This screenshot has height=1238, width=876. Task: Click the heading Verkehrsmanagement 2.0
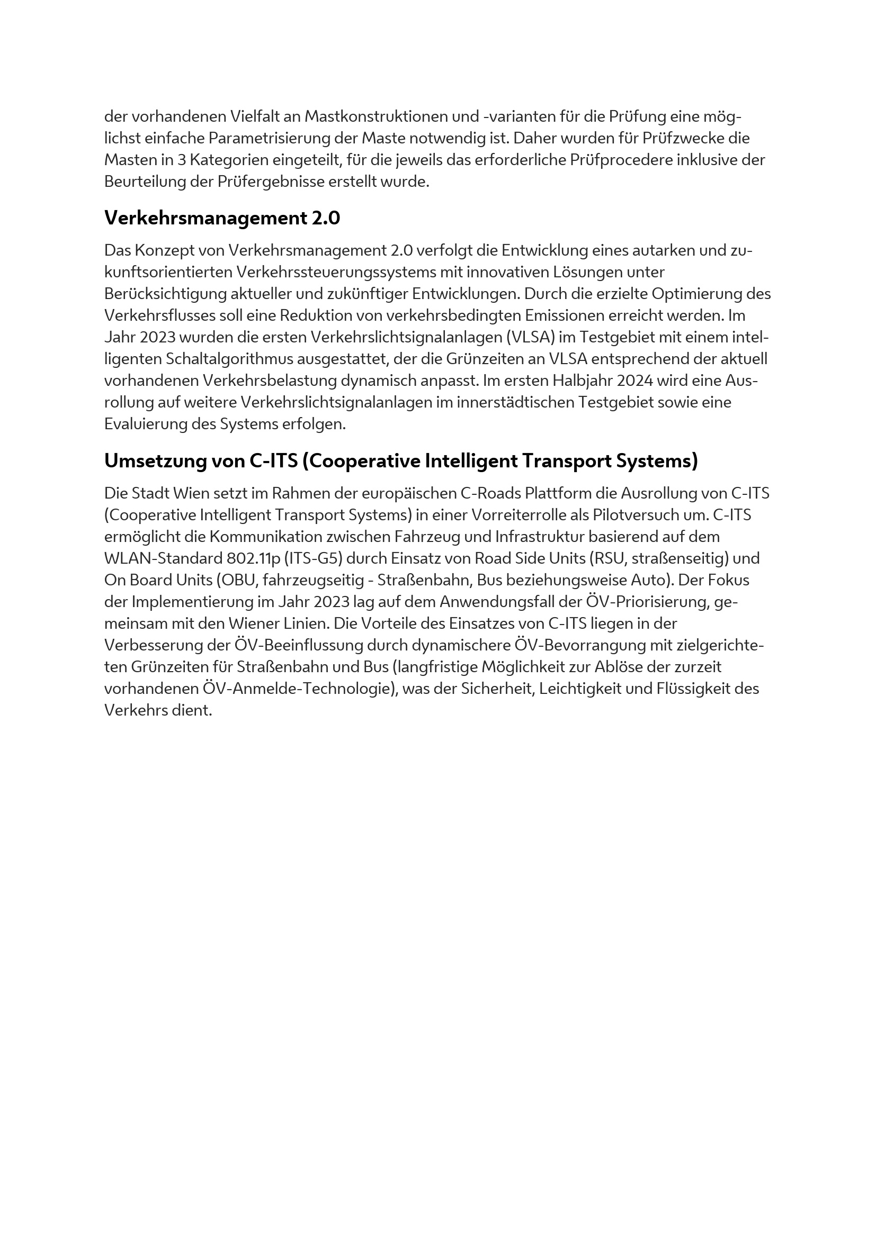click(222, 218)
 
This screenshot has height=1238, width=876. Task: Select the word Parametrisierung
click(269, 139)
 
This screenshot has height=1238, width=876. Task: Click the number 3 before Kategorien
click(181, 160)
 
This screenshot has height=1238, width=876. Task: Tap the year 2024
click(634, 381)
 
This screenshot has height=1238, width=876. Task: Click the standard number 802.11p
click(254, 558)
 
